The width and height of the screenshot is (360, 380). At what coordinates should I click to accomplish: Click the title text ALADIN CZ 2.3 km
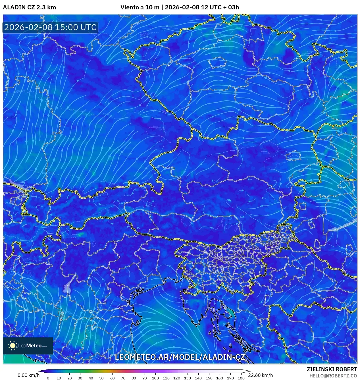(x=29, y=7)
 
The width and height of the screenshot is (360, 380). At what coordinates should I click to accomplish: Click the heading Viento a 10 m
(x=140, y=7)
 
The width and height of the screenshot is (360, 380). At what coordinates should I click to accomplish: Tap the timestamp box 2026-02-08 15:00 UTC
(x=50, y=27)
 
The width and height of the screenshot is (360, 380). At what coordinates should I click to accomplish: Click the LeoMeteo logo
(x=28, y=346)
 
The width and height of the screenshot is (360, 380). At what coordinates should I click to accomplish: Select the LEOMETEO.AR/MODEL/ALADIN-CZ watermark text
(x=180, y=357)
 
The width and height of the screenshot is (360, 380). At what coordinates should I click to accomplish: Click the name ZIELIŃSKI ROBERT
(x=332, y=369)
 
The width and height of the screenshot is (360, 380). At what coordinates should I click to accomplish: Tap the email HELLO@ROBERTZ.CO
(x=333, y=376)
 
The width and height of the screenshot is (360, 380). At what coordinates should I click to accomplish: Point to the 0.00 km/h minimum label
(x=28, y=375)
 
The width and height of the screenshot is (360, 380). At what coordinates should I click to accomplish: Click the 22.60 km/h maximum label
(x=260, y=375)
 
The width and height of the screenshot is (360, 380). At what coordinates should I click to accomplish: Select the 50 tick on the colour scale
(x=101, y=378)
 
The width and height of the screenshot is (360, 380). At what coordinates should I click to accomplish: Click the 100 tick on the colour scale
(x=155, y=378)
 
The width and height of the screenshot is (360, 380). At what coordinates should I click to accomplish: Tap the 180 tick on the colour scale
(x=241, y=378)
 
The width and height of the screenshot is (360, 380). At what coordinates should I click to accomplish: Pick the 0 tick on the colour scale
(x=48, y=378)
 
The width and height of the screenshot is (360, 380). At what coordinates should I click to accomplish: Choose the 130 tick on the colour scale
(x=187, y=378)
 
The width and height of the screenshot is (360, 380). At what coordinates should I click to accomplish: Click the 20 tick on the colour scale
(x=69, y=378)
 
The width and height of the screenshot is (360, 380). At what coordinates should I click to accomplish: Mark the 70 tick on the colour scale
(x=123, y=378)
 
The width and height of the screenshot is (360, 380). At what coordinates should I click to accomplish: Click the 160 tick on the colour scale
(x=219, y=378)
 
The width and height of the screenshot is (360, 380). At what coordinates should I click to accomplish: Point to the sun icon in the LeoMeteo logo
(x=13, y=346)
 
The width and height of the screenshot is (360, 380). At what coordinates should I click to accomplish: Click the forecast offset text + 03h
(x=231, y=7)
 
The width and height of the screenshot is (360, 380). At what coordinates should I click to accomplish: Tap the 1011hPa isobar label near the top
(x=145, y=34)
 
